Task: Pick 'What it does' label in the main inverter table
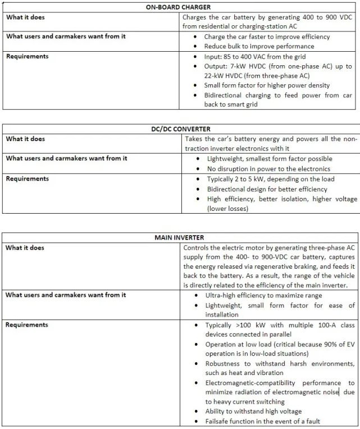(x=25, y=247)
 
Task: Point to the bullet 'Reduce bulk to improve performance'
(x=259, y=46)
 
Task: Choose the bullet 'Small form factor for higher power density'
(x=267, y=85)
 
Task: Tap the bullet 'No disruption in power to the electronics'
(x=268, y=169)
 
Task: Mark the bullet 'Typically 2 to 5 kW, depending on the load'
(x=270, y=179)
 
